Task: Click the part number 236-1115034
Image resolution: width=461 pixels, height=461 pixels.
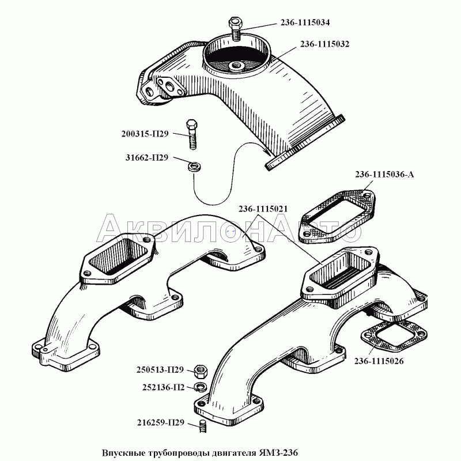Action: tap(305, 22)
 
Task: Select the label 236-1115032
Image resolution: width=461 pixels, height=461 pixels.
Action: tap(324, 44)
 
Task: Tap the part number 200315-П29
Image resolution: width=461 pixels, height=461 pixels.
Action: tap(145, 134)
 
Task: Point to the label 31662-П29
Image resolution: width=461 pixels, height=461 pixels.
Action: tap(147, 157)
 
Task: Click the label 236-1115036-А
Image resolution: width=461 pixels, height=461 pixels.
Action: tap(384, 175)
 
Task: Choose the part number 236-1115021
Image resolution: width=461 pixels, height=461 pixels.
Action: tap(263, 209)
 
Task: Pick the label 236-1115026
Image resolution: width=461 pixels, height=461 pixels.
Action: tap(379, 361)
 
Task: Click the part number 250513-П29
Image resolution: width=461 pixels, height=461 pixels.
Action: tap(160, 369)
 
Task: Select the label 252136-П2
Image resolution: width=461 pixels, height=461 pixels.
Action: tap(164, 387)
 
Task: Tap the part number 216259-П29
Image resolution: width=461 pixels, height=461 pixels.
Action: tap(161, 422)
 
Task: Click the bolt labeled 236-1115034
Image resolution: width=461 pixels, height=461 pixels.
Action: tap(235, 29)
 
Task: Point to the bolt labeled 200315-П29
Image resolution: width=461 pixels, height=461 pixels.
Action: tap(192, 134)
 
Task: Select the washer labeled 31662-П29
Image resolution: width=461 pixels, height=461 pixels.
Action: tap(194, 167)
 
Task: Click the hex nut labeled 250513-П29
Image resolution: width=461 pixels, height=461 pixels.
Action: tap(201, 372)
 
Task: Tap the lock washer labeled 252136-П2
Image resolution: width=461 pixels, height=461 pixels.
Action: tap(201, 387)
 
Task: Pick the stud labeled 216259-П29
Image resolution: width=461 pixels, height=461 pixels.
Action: tap(202, 426)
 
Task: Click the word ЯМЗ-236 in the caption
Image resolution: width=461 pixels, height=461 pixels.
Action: tap(278, 452)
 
